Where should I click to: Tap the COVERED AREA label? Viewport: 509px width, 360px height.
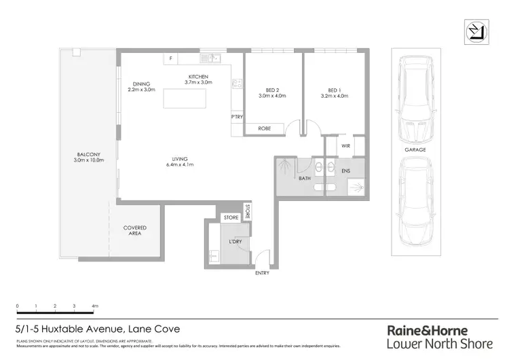point(134,231)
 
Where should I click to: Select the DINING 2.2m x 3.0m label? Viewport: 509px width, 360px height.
point(141,87)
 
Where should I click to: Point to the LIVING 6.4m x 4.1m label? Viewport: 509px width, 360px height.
point(180,162)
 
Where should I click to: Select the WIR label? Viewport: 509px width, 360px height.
point(345,145)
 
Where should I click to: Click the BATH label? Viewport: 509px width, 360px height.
point(305,179)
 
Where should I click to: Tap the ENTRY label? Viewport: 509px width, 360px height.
point(262,273)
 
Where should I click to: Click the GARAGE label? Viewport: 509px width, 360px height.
point(416,149)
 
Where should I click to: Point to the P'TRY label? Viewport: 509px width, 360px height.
point(237,117)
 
